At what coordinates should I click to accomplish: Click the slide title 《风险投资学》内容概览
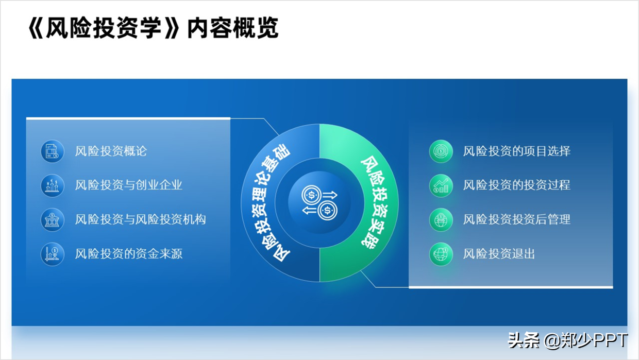click(x=153, y=28)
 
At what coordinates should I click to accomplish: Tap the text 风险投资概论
click(x=111, y=151)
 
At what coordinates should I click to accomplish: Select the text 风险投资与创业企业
click(x=128, y=185)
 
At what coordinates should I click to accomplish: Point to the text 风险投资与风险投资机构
click(x=140, y=219)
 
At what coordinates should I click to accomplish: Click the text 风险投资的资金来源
click(x=128, y=254)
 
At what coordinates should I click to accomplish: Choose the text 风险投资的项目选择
click(x=517, y=151)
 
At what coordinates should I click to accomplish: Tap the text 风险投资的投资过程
click(x=517, y=185)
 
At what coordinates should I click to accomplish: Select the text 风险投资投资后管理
click(x=517, y=219)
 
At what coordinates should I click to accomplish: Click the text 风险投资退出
click(x=499, y=254)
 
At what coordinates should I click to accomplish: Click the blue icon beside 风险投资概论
click(x=52, y=151)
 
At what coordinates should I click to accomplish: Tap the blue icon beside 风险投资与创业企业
click(x=52, y=185)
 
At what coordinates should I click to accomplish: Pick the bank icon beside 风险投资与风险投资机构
click(x=52, y=220)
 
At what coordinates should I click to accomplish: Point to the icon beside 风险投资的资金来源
click(x=52, y=254)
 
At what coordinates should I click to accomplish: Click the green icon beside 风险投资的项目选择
click(x=441, y=151)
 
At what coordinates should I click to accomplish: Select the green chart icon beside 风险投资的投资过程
click(x=441, y=185)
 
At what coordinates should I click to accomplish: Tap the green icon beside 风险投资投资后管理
click(x=441, y=220)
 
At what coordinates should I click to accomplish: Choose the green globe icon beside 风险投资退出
click(x=441, y=254)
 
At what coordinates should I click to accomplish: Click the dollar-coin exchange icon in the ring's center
click(x=320, y=202)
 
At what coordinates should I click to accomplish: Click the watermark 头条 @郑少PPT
click(x=568, y=340)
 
